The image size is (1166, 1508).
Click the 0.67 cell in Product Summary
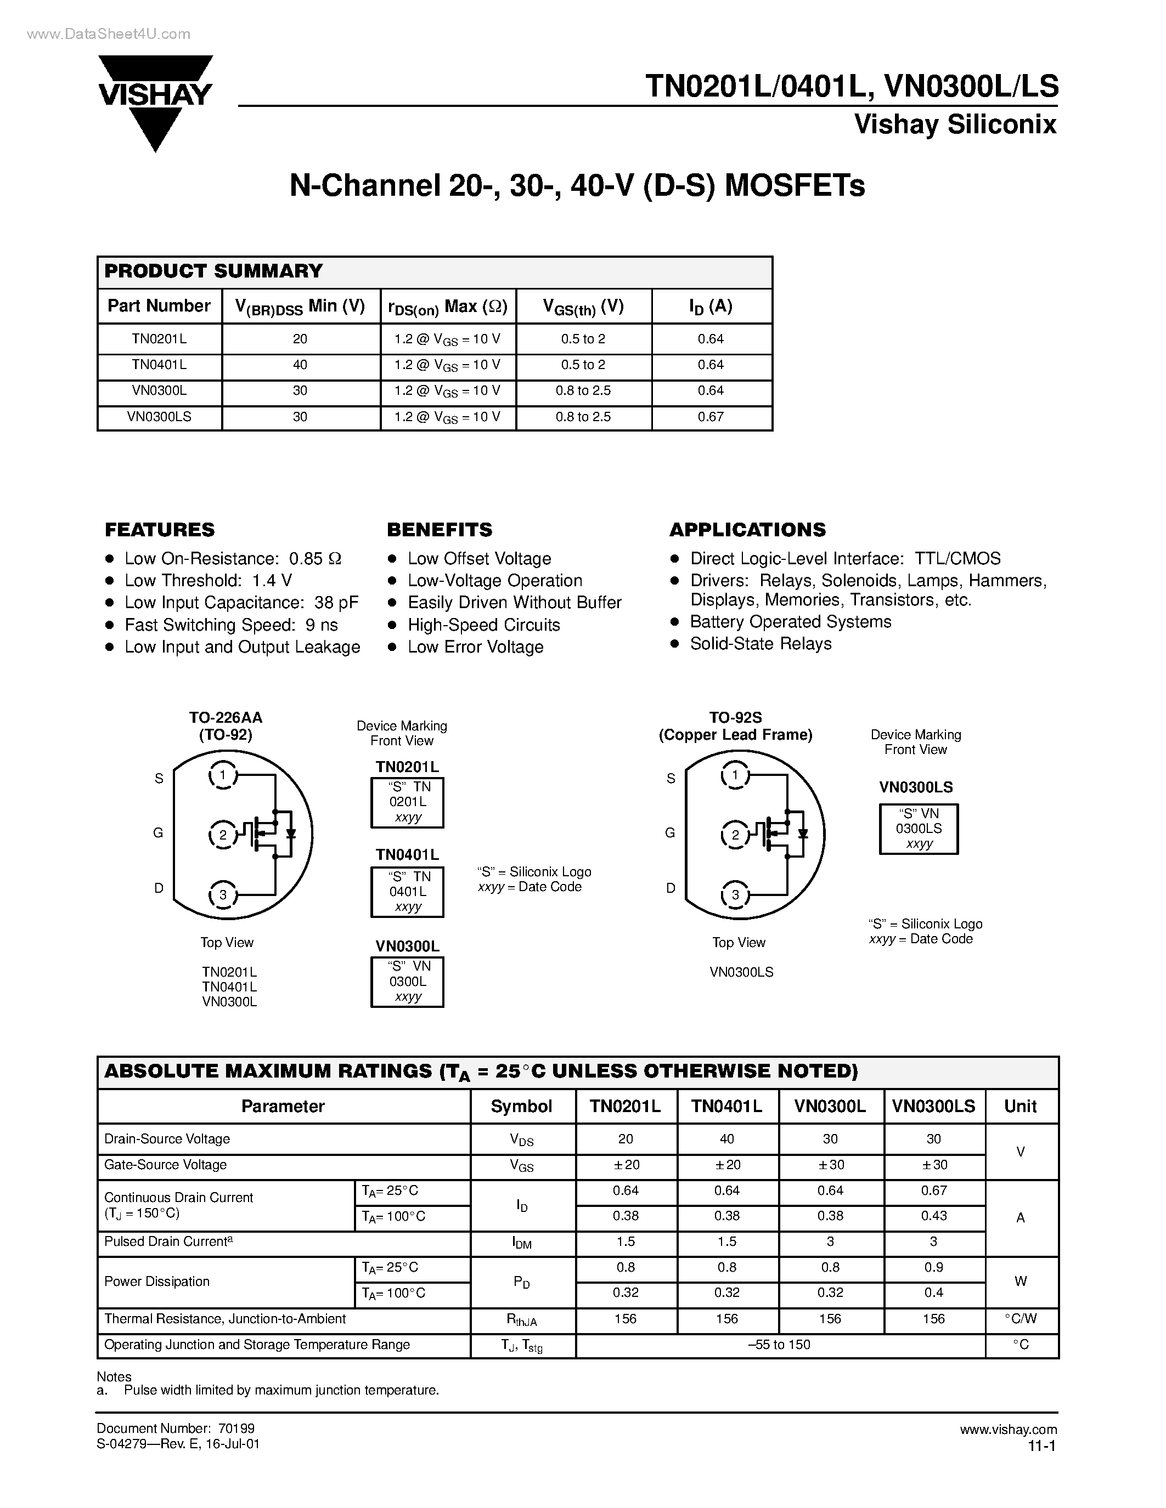coord(710,417)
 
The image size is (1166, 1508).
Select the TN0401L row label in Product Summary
coord(159,365)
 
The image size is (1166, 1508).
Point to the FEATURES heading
coord(160,530)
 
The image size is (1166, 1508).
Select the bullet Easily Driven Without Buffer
coord(514,603)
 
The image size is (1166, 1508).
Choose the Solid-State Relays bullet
coord(761,644)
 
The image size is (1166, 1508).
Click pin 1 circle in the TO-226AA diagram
coord(222,775)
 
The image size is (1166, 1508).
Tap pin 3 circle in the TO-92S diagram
coord(735,895)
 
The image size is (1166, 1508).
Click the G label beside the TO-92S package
coord(669,833)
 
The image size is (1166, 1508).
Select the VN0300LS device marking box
coord(919,829)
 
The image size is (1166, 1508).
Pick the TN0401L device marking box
coord(408,892)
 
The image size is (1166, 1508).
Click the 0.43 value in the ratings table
coord(933,1216)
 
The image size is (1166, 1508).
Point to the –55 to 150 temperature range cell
coord(779,1345)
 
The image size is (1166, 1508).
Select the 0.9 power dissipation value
coord(933,1267)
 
